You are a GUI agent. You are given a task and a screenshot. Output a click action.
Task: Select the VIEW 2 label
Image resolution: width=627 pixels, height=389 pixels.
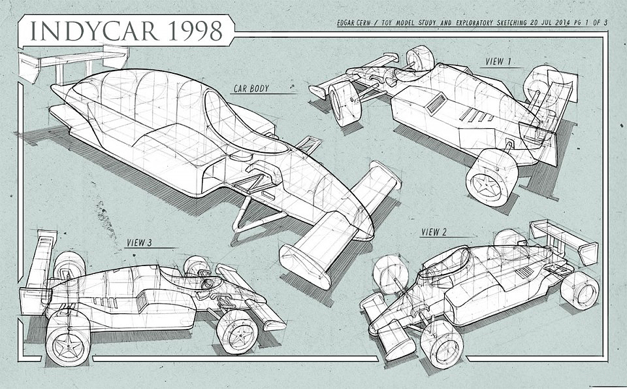pos(434,231)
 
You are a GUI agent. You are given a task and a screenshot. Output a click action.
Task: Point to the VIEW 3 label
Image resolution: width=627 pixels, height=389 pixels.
pos(140,243)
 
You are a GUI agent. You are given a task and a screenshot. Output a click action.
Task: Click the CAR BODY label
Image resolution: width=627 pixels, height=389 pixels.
pos(251,88)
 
